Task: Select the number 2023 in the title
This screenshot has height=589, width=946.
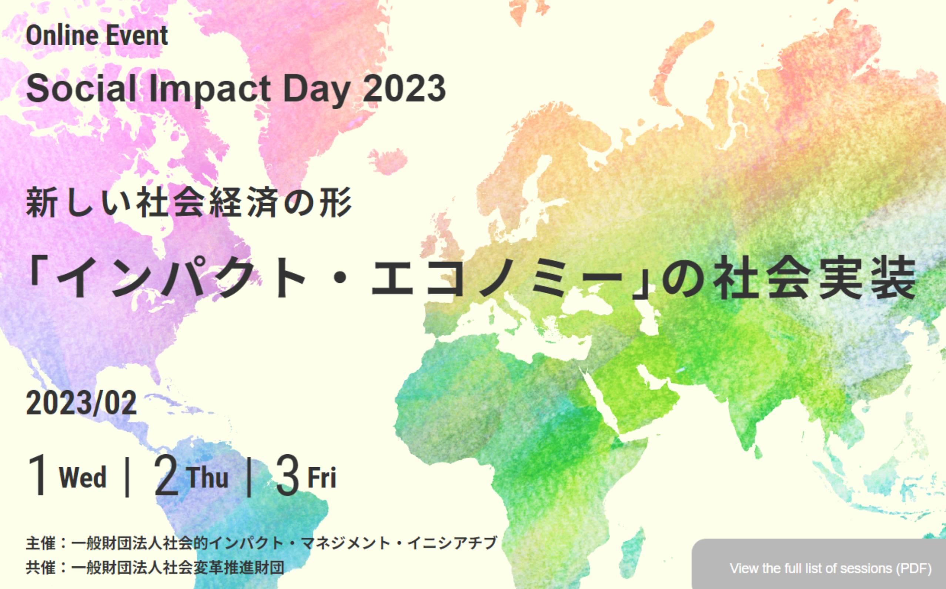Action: pyautogui.click(x=405, y=89)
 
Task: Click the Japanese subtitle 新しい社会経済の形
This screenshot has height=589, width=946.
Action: pyautogui.click(x=189, y=203)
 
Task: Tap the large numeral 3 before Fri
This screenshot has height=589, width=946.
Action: pyautogui.click(x=288, y=476)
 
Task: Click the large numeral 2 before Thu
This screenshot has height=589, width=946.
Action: pyautogui.click(x=166, y=476)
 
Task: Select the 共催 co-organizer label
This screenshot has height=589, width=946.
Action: pyautogui.click(x=40, y=568)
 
